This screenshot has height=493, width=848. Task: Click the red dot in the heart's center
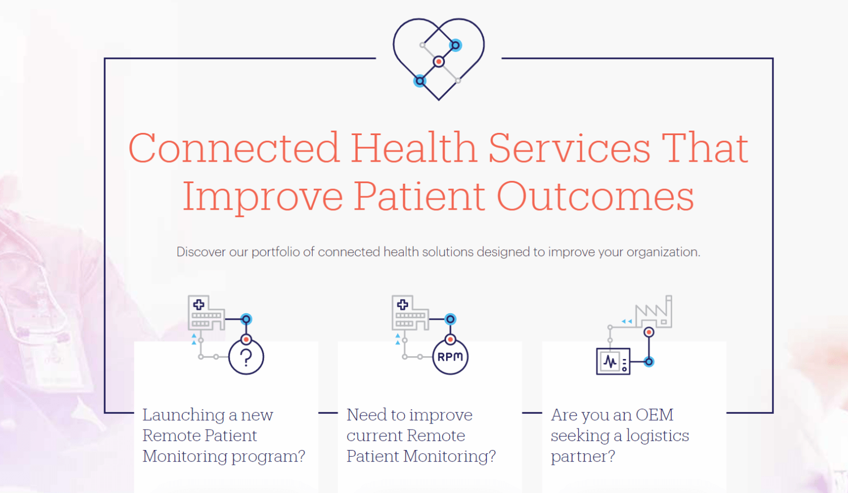(x=439, y=61)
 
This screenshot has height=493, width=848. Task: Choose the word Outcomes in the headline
(x=595, y=196)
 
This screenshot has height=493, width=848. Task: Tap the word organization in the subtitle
(x=663, y=252)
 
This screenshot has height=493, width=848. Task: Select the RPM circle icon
(x=450, y=357)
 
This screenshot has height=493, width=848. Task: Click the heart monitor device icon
(x=613, y=361)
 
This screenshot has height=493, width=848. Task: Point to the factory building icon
(x=654, y=313)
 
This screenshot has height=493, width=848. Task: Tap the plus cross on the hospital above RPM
(x=403, y=304)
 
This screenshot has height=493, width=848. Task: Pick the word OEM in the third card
(x=655, y=415)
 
